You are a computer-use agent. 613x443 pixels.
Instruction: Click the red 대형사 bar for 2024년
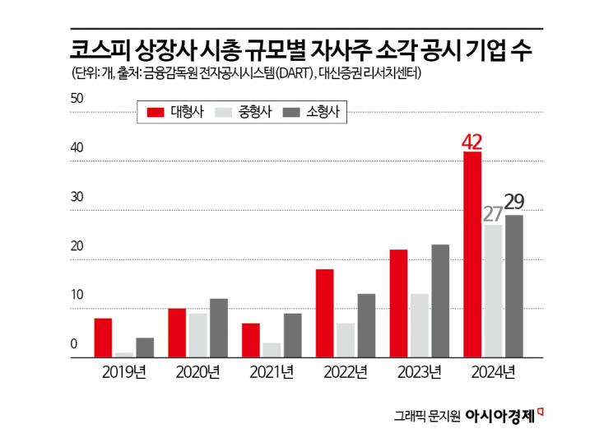tap(472, 255)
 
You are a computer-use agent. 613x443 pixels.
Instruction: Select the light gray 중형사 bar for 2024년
tap(494, 291)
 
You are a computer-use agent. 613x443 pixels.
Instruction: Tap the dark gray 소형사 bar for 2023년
tap(440, 301)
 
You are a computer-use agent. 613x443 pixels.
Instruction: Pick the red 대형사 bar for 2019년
tap(103, 338)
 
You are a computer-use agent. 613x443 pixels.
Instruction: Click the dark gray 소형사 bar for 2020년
tap(218, 329)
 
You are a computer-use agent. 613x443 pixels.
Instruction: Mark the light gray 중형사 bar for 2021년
tap(272, 350)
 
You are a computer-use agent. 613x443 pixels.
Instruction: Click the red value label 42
tap(471, 141)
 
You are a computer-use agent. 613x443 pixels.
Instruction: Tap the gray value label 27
tap(493, 214)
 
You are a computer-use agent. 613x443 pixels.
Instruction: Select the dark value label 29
tap(515, 203)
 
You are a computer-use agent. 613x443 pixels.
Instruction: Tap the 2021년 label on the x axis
tap(272, 372)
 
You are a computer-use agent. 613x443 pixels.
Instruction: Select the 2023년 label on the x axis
tap(420, 372)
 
